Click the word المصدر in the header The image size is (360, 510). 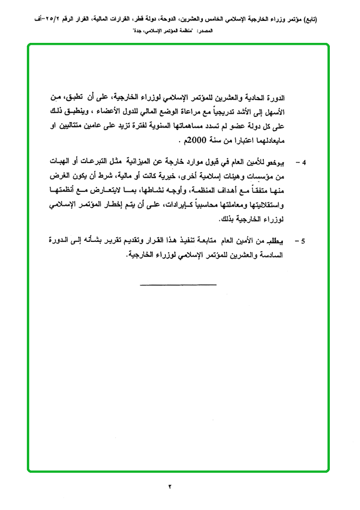(204, 31)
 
